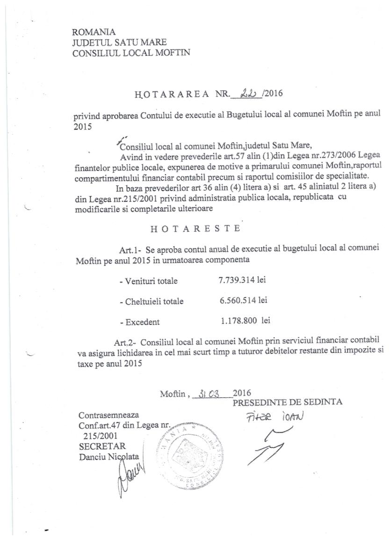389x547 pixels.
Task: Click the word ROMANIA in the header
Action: tap(94, 32)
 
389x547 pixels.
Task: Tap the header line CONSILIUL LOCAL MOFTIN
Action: tap(131, 53)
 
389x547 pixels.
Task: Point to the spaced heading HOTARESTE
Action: tap(196, 229)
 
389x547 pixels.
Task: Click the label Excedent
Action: tap(139, 322)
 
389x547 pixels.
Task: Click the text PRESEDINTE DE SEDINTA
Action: tap(288, 402)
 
